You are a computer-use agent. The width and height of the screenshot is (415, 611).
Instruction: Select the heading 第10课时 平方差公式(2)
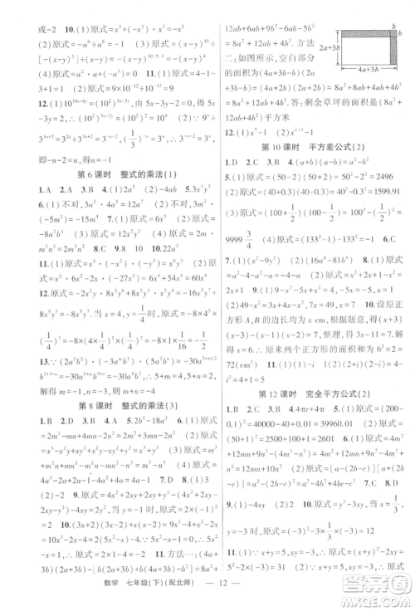click(313, 147)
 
